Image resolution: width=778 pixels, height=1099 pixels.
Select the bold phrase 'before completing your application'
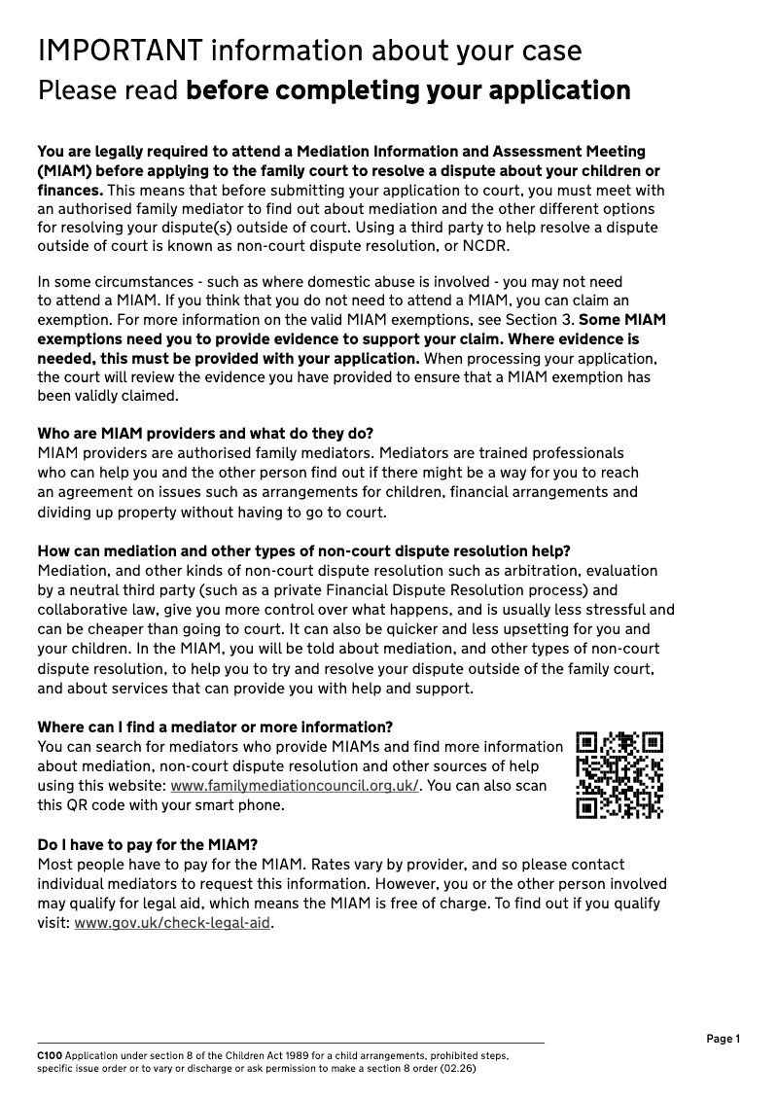(x=407, y=91)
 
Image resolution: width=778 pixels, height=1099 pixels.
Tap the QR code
(x=619, y=774)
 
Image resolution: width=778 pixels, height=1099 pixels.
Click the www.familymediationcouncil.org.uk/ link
(x=295, y=786)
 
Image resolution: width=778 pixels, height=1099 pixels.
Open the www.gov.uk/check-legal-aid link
(x=173, y=923)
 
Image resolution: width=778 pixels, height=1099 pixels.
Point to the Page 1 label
(x=723, y=1039)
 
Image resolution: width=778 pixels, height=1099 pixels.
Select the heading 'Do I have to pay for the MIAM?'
(x=147, y=844)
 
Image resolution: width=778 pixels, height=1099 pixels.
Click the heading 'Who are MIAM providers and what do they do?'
(x=204, y=433)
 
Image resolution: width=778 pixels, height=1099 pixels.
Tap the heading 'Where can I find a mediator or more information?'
(x=215, y=727)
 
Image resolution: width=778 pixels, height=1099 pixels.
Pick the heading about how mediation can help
(x=303, y=550)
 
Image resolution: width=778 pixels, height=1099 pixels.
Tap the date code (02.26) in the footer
(x=457, y=1067)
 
